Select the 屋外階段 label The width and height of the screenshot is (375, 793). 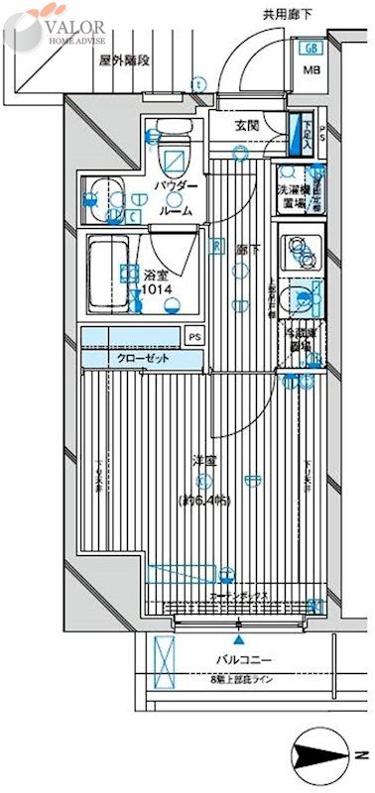tap(123, 59)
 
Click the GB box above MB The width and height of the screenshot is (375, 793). tap(311, 48)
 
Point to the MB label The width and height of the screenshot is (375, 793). tap(311, 70)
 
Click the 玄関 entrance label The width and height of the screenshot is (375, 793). tap(247, 126)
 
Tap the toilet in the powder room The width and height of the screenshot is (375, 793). tap(175, 149)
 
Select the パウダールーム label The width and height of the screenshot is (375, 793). tap(176, 199)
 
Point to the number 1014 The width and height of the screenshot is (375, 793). tap(157, 288)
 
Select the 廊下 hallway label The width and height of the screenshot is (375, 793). tap(245, 253)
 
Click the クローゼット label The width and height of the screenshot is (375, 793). tap(143, 358)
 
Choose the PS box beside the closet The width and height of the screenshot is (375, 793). tap(194, 337)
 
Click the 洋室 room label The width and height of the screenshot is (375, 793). tap(205, 462)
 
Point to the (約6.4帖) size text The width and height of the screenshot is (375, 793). tap(204, 501)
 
